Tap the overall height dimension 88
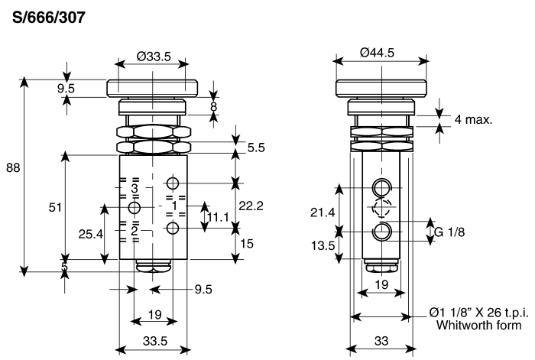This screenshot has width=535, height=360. point(13,169)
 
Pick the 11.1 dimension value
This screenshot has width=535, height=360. point(220,218)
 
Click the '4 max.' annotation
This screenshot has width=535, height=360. point(473,119)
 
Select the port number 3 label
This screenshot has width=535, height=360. point(134,187)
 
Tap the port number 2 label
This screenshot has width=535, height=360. point(134,230)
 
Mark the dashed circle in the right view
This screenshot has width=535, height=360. point(381,208)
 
